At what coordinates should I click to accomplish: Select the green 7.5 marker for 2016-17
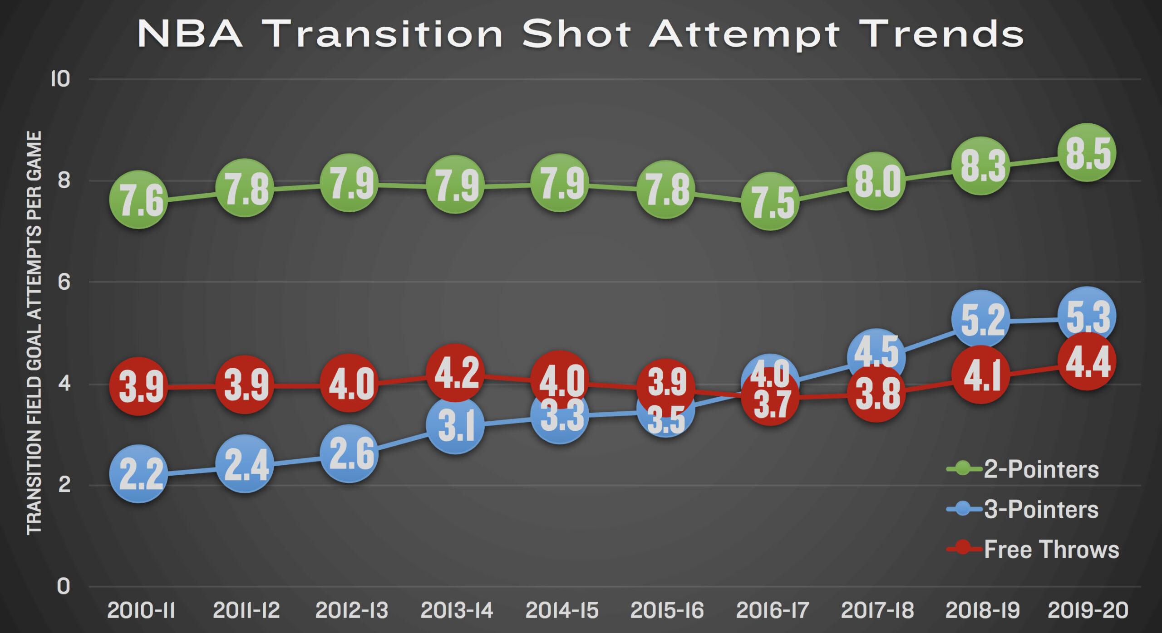click(x=771, y=202)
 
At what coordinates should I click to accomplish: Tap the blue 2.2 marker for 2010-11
click(x=139, y=475)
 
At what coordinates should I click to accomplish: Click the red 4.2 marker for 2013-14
click(x=455, y=374)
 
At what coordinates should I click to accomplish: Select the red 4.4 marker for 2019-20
click(x=1087, y=361)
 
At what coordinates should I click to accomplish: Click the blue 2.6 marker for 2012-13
click(x=349, y=454)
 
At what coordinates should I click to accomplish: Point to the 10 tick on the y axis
click(x=60, y=79)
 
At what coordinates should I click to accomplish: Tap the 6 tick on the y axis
click(x=64, y=282)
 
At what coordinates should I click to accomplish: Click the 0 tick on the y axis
click(x=64, y=586)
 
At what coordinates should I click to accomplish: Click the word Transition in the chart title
click(x=386, y=34)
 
